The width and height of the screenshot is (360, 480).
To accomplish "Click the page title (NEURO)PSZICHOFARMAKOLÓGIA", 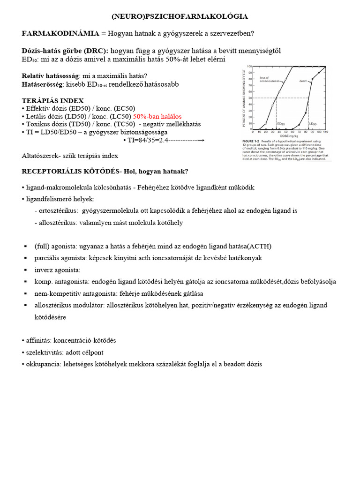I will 180,16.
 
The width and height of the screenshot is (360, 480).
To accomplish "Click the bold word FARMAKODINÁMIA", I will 60,33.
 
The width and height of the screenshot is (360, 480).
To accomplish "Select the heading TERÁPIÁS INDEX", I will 53,101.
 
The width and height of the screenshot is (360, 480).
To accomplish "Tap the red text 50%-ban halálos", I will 157,116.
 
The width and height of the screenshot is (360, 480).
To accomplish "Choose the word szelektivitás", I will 43,352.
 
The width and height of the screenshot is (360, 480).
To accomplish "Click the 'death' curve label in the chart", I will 303,81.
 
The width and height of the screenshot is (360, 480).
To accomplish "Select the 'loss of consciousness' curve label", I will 270,79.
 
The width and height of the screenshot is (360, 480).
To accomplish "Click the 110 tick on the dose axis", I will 326,132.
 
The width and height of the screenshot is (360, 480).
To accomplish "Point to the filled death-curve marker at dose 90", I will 319,73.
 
